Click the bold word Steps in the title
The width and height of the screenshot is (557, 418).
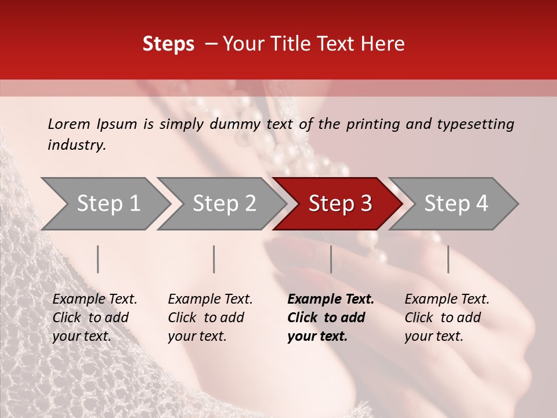coord(168,44)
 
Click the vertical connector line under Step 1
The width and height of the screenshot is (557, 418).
coord(98,259)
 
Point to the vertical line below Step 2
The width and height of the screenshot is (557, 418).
coord(214,259)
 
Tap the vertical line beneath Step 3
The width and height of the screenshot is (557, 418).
coord(331,259)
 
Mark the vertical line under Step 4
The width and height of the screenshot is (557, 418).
coord(448,259)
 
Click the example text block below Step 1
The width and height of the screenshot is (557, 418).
coord(94,318)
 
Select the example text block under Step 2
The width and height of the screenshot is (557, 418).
coord(209,318)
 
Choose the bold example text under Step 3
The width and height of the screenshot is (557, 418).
coord(330,318)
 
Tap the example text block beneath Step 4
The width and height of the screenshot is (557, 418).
coord(446,318)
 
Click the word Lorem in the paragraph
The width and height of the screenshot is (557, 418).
coord(69,124)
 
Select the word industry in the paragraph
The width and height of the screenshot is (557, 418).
coord(77,145)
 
